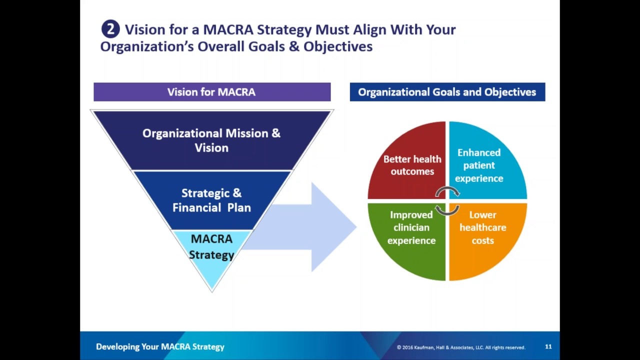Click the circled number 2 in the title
click(x=110, y=29)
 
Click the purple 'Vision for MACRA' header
click(x=211, y=92)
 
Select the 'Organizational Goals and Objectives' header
click(x=447, y=92)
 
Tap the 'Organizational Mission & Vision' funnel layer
click(x=211, y=140)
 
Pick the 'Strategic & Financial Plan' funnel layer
click(x=211, y=200)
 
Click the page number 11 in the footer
click(x=548, y=346)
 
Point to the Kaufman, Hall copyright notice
click(x=460, y=347)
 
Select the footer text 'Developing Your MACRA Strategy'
click(x=160, y=346)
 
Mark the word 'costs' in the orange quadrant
click(x=482, y=240)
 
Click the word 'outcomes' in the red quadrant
click(x=412, y=171)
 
